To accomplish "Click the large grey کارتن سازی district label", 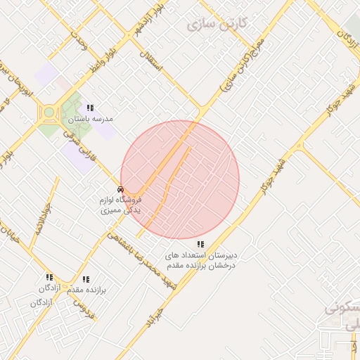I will coord(217,24).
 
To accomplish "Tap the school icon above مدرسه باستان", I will coord(89,108).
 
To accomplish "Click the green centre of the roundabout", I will coord(49,112).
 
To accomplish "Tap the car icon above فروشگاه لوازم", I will coord(121,189).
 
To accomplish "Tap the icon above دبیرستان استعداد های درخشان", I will coord(201,245).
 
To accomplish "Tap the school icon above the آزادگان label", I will coord(49,278).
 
